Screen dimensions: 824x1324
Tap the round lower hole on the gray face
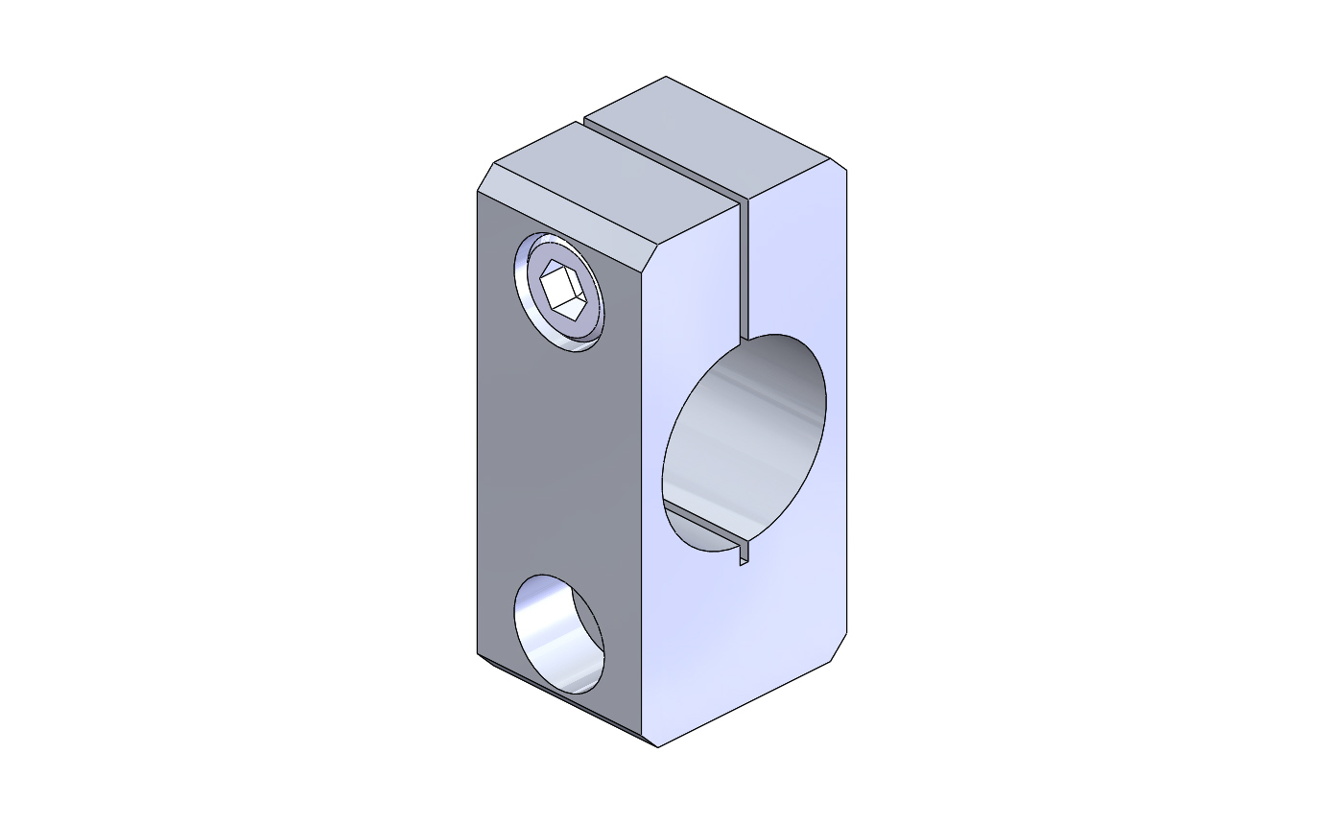[558, 633]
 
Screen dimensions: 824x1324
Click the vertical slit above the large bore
[744, 269]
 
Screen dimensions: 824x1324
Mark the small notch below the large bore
[743, 554]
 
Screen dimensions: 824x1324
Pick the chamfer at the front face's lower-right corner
[838, 647]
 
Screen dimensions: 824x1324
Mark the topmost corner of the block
[666, 77]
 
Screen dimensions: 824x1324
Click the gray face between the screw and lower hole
[556, 460]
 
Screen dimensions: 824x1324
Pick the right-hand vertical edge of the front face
[846, 403]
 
